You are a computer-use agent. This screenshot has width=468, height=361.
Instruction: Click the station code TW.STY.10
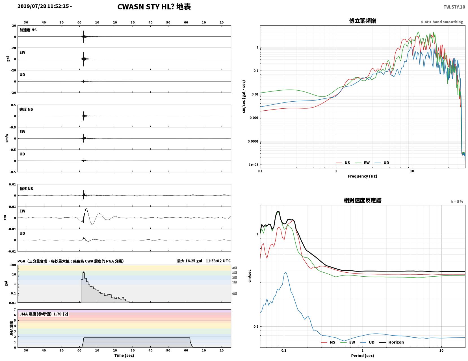tap(454, 7)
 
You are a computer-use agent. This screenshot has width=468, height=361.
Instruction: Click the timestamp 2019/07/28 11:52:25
tap(43, 6)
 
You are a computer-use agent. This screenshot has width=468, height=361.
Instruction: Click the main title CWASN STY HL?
tap(146, 7)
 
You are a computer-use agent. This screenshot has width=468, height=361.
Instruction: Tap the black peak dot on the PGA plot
tap(84, 272)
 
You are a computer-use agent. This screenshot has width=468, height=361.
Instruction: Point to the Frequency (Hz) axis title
tap(362, 176)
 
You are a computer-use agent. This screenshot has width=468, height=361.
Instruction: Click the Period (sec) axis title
tap(362, 355)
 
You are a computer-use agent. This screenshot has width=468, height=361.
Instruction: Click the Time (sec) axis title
tap(124, 355)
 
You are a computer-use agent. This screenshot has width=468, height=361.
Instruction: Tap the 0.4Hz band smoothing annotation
tap(442, 22)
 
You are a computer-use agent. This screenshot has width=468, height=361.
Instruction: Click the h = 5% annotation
tap(457, 202)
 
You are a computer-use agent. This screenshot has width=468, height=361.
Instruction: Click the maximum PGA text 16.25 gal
tap(193, 261)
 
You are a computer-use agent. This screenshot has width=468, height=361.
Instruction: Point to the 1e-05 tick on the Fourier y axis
tap(253, 165)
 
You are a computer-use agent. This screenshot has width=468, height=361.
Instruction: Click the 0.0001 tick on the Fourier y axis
tap(253, 141)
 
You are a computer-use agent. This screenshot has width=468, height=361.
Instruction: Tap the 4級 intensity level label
tap(235, 268)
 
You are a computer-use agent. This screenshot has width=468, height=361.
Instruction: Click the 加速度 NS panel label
tap(28, 30)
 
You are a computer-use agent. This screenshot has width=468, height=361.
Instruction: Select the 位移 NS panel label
tap(26, 189)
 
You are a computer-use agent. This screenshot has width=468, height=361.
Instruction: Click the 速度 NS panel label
tap(26, 109)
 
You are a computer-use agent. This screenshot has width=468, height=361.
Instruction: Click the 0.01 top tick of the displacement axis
tap(12, 184)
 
